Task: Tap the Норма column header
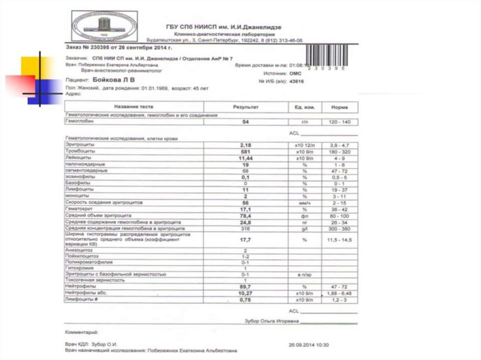coord(339,107)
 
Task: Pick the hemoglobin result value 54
coord(245,122)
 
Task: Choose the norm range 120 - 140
coord(339,122)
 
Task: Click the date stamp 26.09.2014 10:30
coord(309,345)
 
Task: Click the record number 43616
coord(297,81)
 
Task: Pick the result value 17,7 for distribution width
coord(245,239)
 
